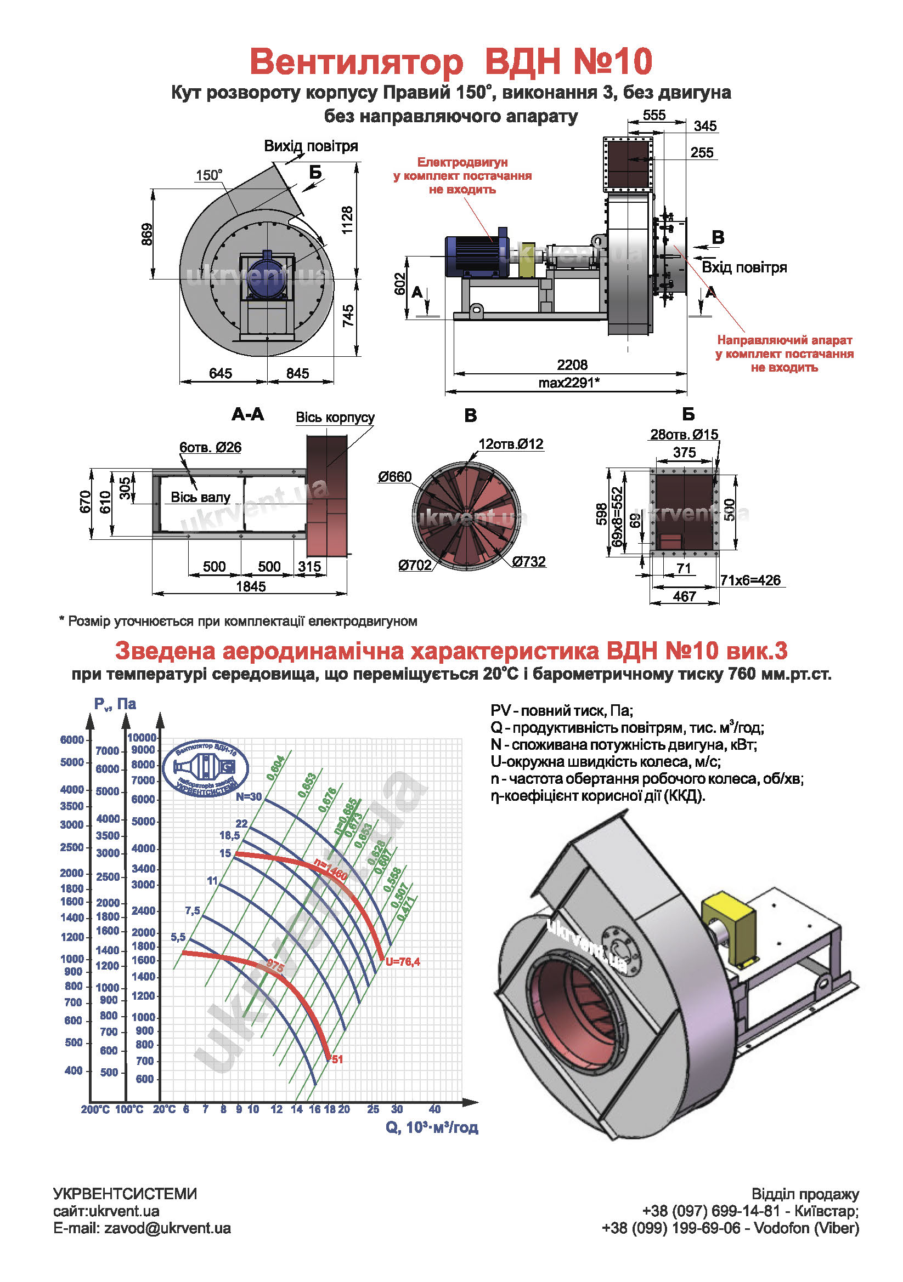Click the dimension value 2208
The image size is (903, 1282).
click(x=572, y=364)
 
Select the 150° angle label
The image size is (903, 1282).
click(x=208, y=175)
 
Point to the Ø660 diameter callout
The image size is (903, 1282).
click(x=394, y=477)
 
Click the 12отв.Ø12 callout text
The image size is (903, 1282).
click(x=510, y=444)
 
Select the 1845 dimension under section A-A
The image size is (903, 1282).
click(x=250, y=586)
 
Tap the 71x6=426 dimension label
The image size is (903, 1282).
click(x=750, y=580)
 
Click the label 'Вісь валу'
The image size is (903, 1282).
click(x=200, y=497)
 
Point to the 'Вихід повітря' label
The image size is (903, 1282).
click(x=311, y=146)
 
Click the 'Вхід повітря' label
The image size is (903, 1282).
click(x=744, y=267)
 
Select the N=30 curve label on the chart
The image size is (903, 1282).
click(x=249, y=797)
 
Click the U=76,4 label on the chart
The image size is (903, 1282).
click(x=402, y=961)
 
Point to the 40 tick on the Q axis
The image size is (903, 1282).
click(x=434, y=1109)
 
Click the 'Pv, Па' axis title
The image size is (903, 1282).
click(x=115, y=704)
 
